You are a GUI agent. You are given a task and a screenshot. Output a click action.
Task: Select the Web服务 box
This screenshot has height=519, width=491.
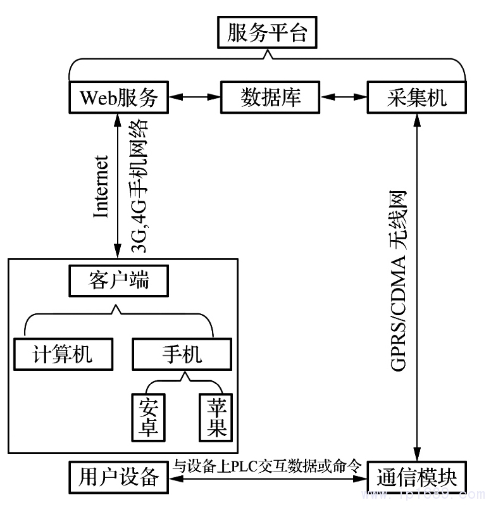coord(118,97)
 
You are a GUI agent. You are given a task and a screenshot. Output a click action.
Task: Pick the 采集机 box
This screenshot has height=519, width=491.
coord(416,97)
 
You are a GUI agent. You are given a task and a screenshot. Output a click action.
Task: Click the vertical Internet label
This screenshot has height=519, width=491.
coord(101,186)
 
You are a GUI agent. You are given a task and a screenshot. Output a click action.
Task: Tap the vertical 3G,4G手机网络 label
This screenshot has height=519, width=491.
coord(140,186)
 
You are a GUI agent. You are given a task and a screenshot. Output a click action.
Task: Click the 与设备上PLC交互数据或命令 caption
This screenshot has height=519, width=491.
coord(268,466)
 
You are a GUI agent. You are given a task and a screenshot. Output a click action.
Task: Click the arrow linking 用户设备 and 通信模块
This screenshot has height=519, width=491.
coord(268,478)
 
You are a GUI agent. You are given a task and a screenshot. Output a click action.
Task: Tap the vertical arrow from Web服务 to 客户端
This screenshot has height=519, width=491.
coord(118,184)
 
